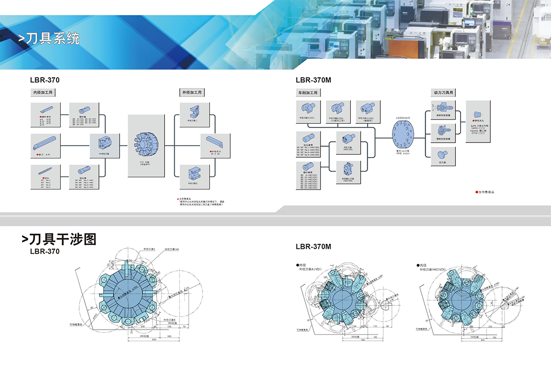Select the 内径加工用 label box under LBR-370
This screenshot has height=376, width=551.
(x=43, y=92)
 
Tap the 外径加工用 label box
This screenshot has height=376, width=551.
(x=192, y=92)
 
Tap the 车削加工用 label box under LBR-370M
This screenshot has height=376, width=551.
(x=308, y=93)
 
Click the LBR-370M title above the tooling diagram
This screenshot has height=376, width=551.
(x=314, y=80)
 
